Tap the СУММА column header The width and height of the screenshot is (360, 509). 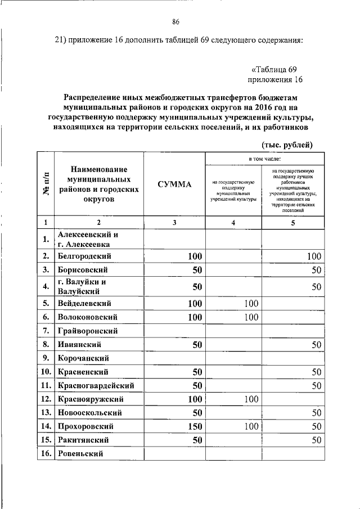[174, 184]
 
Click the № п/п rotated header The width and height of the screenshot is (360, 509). [45, 184]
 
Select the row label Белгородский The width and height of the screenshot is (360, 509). [84, 256]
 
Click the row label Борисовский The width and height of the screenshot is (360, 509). [83, 270]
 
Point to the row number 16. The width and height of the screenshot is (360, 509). [45, 453]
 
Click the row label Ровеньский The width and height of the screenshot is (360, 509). [82, 453]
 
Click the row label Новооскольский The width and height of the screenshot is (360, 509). [87, 413]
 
